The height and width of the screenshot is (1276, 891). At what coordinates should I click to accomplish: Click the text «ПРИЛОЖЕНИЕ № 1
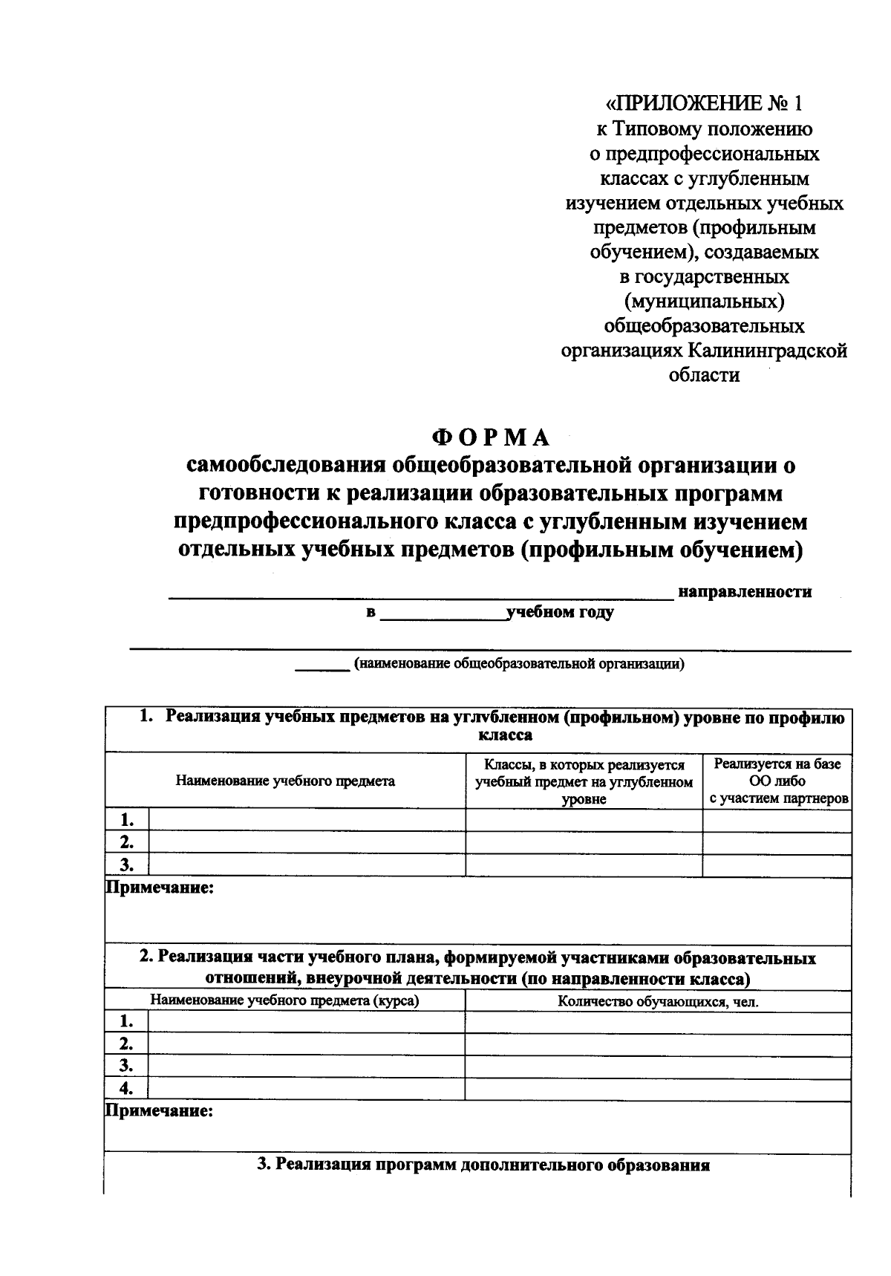(x=705, y=102)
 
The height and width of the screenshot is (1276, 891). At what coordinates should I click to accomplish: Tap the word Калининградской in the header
(x=768, y=350)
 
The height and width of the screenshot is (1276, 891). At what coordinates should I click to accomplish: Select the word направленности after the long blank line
(x=745, y=592)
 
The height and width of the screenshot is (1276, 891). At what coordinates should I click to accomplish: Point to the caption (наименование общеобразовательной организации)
(x=519, y=664)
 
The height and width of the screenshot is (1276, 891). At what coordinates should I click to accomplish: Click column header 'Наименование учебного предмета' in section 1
(x=285, y=781)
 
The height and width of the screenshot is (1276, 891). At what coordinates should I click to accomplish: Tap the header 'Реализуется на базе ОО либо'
(x=777, y=772)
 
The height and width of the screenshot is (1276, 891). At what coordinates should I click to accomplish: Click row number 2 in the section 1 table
(x=127, y=842)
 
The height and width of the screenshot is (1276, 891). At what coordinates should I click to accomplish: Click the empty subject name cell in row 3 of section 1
(x=307, y=865)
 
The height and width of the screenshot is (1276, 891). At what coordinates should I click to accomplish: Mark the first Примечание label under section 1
(x=160, y=888)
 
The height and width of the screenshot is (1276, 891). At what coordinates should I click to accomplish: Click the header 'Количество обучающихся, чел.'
(x=658, y=1002)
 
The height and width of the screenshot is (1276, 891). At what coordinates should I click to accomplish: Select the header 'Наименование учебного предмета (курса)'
(x=285, y=1000)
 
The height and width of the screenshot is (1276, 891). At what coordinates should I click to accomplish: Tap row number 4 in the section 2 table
(x=127, y=1089)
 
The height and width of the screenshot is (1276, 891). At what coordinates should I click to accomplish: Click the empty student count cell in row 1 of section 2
(x=658, y=1022)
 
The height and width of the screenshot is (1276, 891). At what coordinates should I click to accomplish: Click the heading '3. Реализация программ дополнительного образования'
(x=483, y=1165)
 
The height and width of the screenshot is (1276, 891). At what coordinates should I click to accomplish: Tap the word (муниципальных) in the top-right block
(x=705, y=301)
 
